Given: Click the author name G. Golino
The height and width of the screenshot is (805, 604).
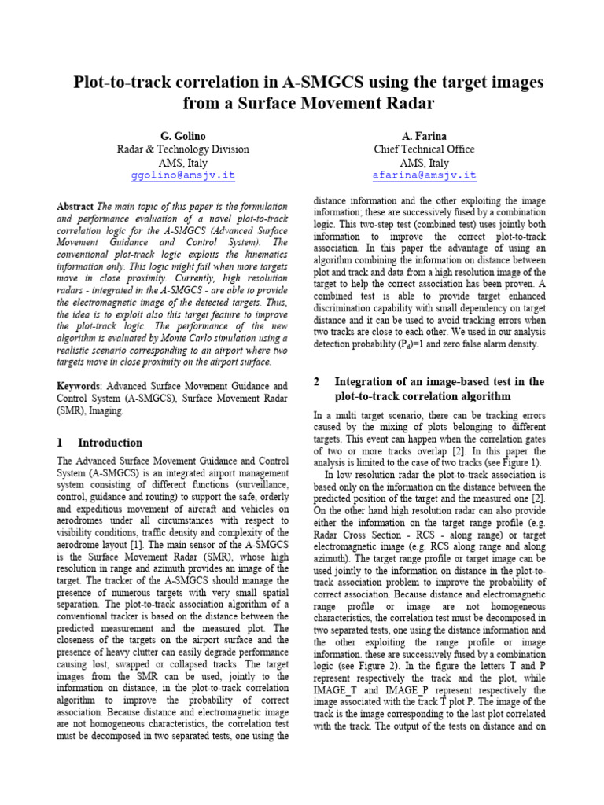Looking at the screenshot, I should [x=182, y=136].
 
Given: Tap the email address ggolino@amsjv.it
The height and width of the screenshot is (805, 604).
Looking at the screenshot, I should [x=182, y=176].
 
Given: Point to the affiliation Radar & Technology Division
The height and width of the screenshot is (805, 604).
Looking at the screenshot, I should [x=182, y=149].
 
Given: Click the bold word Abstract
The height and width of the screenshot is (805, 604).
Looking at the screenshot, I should [x=75, y=206].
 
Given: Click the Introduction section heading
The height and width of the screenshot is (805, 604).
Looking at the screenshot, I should [x=110, y=443].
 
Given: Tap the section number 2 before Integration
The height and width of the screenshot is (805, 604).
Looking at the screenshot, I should [x=317, y=381].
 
